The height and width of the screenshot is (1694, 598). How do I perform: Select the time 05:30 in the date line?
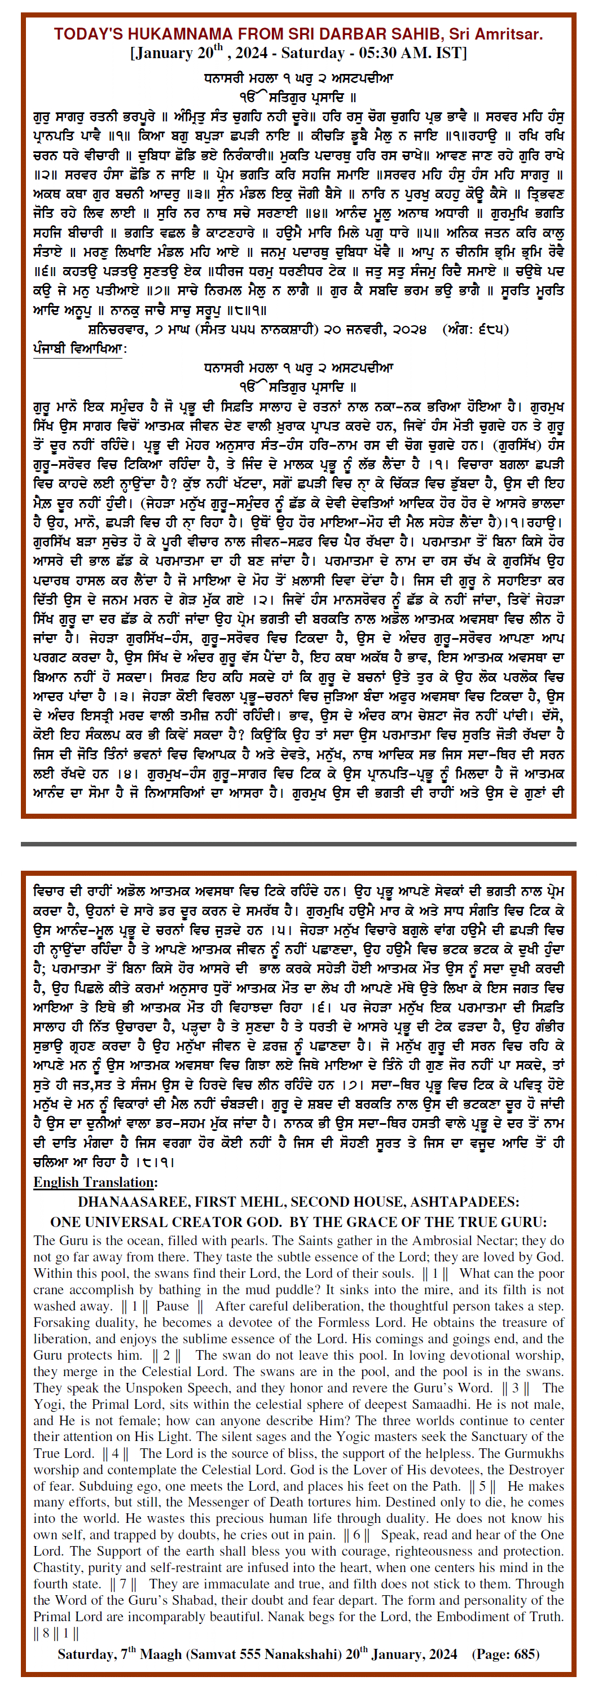[382, 53]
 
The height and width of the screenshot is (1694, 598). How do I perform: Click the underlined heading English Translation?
[95, 1182]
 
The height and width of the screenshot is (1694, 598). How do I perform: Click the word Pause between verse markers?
[172, 1306]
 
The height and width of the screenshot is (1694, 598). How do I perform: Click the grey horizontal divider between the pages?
[298, 844]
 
